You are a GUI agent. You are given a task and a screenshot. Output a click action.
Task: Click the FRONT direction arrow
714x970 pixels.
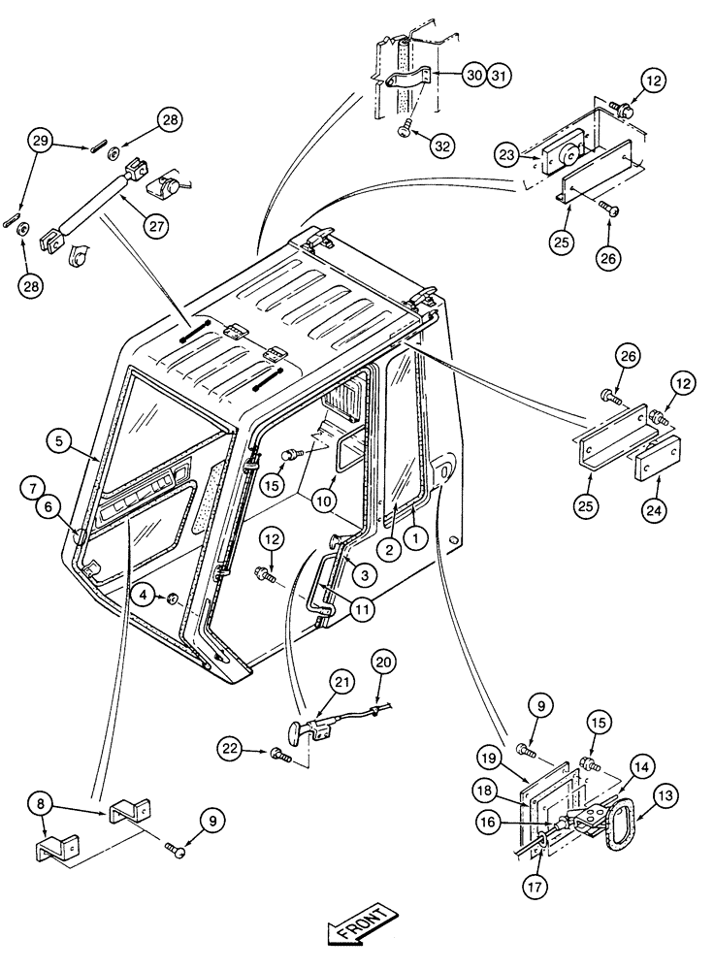point(361,925)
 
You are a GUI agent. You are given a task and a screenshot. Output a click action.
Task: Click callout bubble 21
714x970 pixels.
point(312,682)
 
